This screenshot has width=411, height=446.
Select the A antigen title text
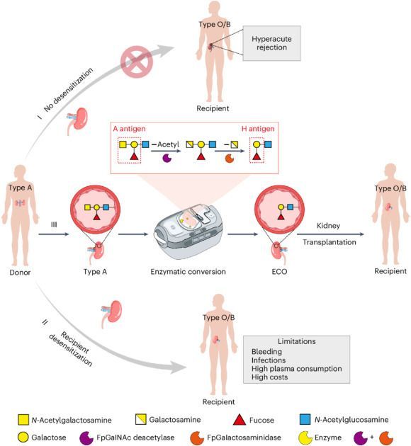pos(130,129)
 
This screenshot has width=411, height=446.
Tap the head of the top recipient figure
pos(213,13)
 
